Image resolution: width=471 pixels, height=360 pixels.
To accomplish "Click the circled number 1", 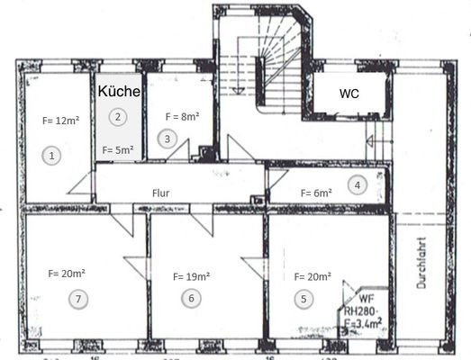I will (52, 156).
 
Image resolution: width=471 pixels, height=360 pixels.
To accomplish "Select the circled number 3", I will (166, 139).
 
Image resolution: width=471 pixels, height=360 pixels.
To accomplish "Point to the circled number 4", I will (358, 185).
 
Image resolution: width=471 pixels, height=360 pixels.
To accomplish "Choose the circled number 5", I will (303, 299).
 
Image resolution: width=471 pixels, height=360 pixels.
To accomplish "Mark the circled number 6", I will (190, 299).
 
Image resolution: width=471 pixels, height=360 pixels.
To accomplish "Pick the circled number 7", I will (79, 299).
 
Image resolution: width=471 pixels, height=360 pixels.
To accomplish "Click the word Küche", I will (117, 92).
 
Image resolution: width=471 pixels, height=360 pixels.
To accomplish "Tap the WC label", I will (349, 94).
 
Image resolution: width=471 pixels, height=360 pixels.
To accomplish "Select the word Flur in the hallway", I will (161, 193).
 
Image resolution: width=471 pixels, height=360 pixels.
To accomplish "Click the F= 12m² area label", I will (59, 120).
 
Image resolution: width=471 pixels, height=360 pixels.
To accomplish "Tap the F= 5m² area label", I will (118, 150).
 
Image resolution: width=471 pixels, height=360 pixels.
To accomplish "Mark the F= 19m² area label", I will (191, 275).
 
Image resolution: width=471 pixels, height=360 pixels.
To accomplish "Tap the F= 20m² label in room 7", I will (67, 270).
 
